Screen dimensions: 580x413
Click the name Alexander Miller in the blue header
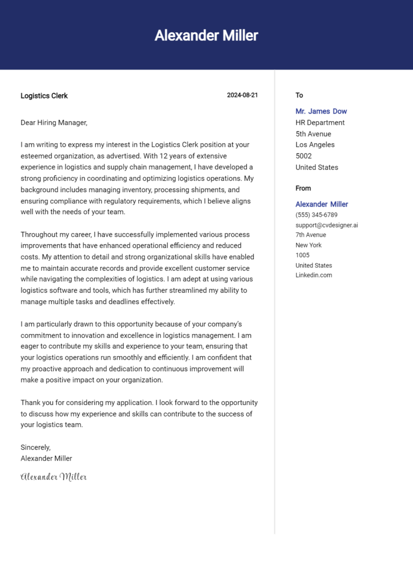click(206, 36)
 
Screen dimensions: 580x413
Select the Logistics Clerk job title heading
click(44, 96)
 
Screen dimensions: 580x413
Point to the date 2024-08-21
click(242, 95)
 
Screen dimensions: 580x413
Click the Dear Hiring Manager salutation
click(54, 123)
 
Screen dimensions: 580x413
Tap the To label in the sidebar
click(299, 95)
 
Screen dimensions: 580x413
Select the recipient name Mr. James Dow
click(321, 111)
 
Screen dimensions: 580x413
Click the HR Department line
click(320, 123)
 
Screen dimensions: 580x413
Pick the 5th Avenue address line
click(313, 134)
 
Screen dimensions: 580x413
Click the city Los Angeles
click(315, 145)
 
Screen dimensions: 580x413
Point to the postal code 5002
click(304, 156)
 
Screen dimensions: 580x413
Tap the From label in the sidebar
click(303, 188)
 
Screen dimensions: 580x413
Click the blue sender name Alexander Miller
click(322, 204)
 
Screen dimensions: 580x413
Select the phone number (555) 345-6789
click(316, 215)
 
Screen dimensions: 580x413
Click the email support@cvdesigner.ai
click(326, 225)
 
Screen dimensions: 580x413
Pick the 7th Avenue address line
click(310, 235)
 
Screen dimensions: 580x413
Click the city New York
click(308, 245)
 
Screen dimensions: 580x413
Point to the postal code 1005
click(302, 255)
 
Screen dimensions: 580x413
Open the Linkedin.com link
click(314, 275)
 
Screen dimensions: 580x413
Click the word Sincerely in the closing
click(35, 447)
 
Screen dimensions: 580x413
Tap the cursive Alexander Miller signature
click(53, 477)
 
